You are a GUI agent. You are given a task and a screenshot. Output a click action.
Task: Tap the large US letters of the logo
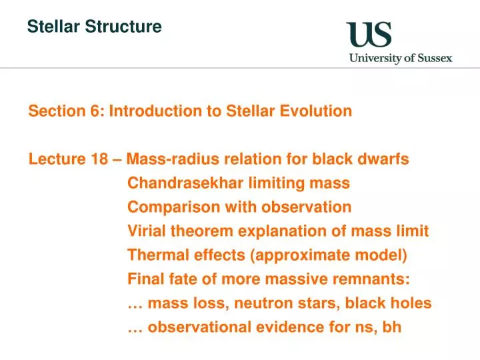(369, 35)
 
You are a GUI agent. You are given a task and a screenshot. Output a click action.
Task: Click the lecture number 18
(97, 159)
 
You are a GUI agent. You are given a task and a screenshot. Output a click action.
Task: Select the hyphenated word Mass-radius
(169, 159)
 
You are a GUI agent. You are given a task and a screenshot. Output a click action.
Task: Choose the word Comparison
(165, 207)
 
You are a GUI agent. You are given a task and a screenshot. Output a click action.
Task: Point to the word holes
(411, 303)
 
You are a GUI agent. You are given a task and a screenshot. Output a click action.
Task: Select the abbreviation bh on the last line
(392, 327)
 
